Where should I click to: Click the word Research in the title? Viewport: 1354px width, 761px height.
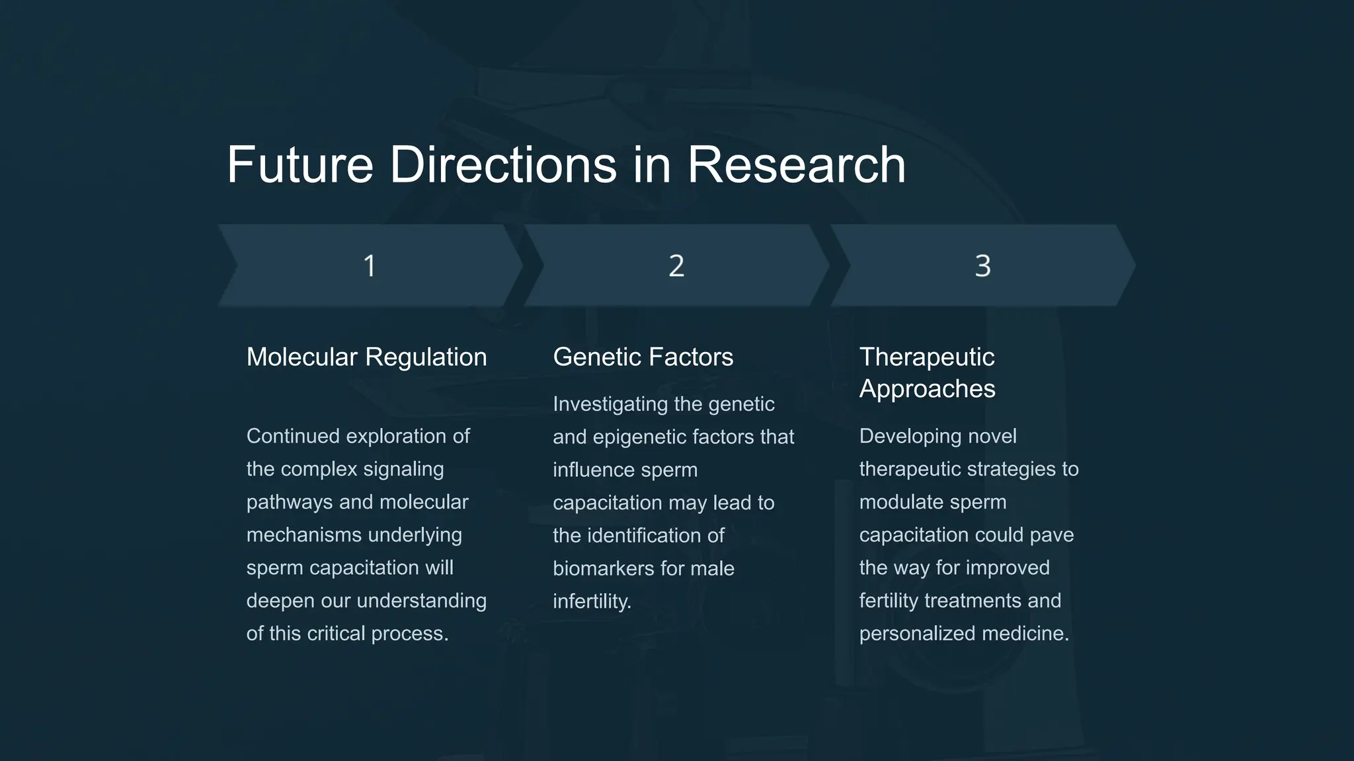796,165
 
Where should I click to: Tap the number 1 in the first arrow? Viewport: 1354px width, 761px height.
370,266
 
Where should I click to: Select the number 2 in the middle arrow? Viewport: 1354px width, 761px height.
676,266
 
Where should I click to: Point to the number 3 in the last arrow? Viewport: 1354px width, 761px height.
982,266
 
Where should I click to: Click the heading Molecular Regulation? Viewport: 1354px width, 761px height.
366,357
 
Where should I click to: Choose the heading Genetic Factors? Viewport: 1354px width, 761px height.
643,357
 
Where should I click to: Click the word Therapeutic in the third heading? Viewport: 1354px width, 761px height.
926,357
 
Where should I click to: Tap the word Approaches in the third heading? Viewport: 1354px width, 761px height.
927,389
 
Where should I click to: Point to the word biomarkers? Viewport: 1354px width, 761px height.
602,569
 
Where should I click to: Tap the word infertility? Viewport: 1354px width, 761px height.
592,601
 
